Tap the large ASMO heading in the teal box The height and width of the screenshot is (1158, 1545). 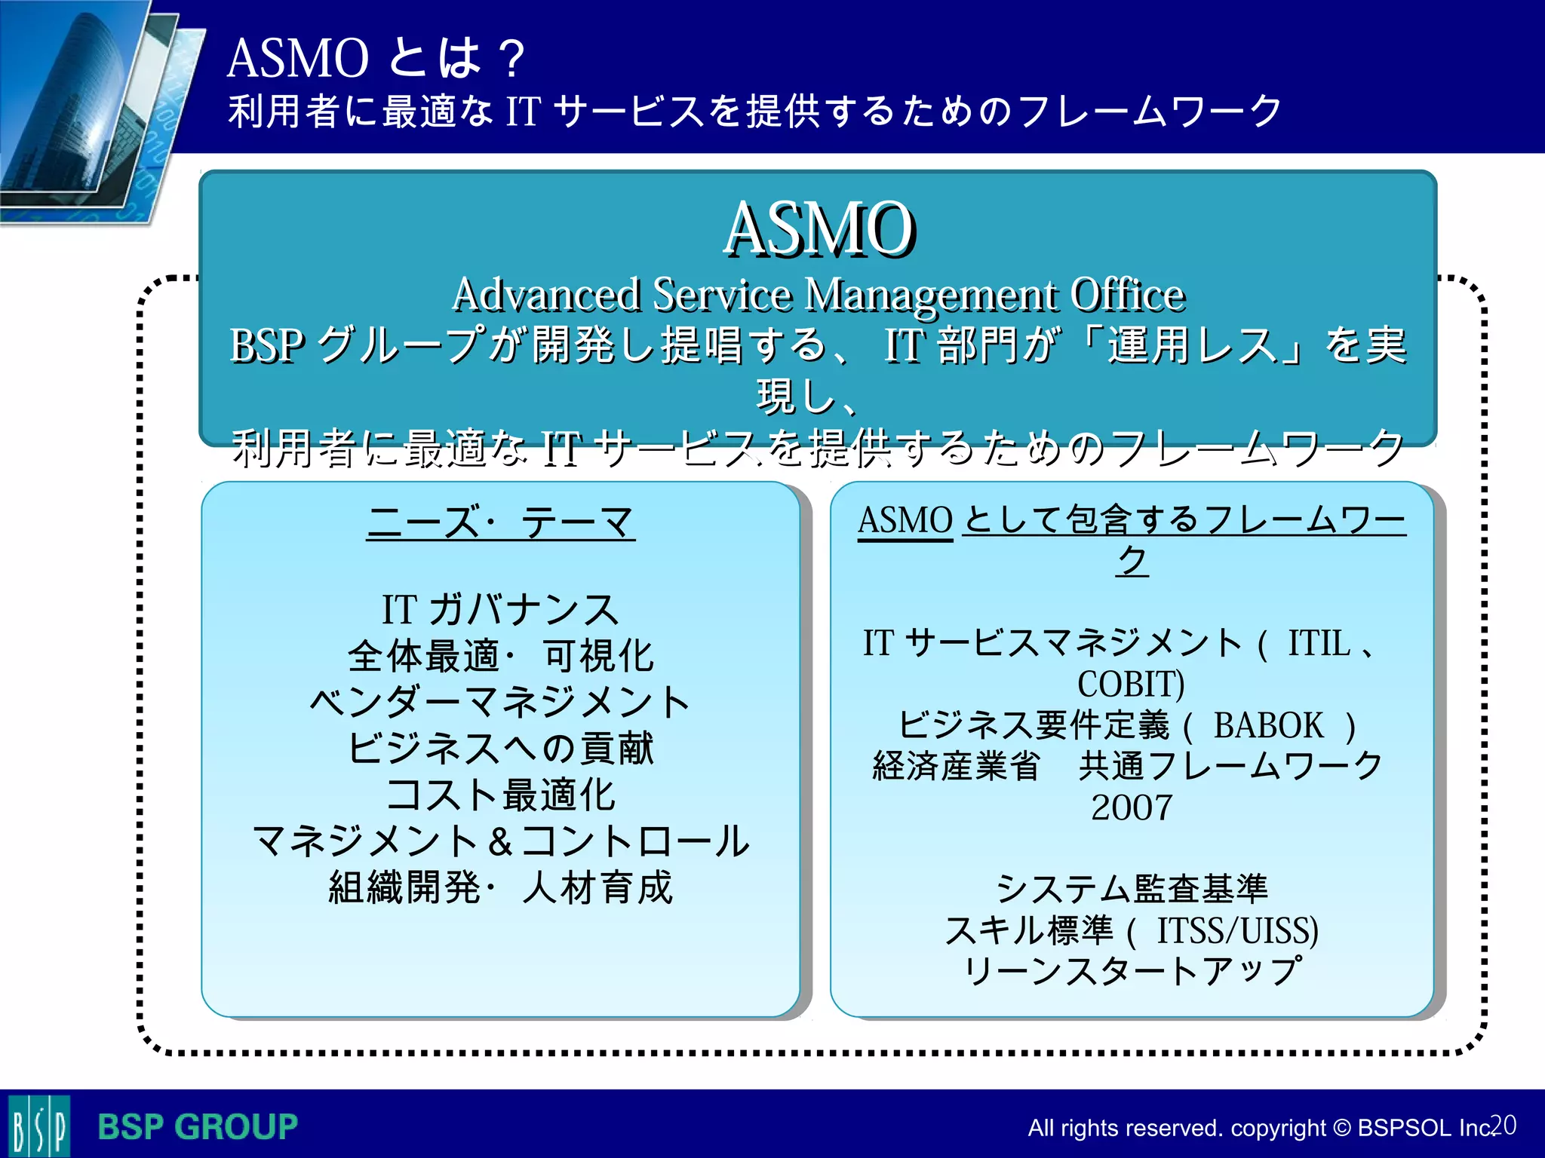819,229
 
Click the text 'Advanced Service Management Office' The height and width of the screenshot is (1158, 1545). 819,294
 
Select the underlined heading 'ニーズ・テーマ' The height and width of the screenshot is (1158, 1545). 500,522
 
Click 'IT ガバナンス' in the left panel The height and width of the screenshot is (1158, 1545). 500,609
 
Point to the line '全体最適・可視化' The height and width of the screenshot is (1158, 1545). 500,656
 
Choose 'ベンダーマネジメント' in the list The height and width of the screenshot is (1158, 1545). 500,702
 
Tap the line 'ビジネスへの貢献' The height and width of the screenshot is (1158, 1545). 500,749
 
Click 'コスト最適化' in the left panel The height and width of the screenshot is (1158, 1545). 500,795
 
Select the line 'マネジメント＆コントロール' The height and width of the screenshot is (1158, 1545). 500,841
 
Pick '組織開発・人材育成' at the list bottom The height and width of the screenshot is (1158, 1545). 500,887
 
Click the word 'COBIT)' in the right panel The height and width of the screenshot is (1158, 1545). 1131,685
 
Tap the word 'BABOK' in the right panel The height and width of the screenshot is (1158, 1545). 1268,725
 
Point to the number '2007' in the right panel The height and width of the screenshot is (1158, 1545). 1131,807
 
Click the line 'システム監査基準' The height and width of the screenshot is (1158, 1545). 1131,889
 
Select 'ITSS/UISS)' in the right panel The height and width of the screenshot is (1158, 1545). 1237,930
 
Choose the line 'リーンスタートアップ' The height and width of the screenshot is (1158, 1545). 1131,971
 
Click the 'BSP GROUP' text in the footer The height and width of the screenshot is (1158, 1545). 198,1127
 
